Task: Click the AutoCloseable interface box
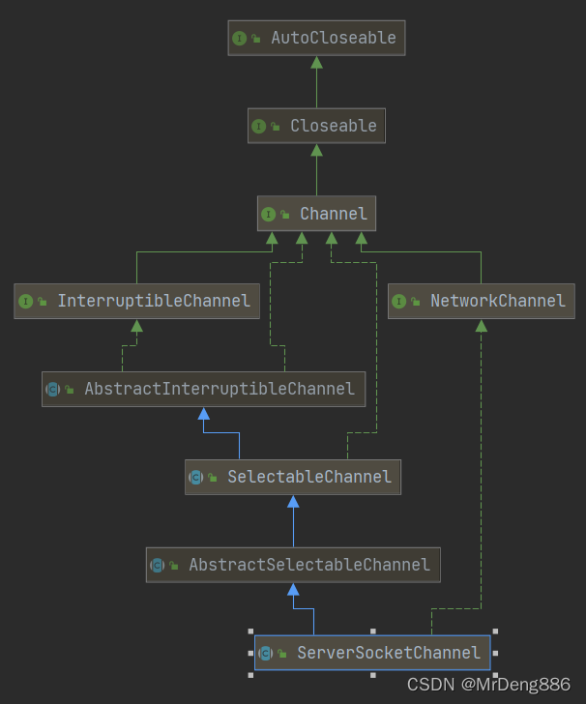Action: pyautogui.click(x=316, y=38)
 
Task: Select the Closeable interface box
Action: pyautogui.click(x=316, y=126)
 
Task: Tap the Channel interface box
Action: pyautogui.click(x=316, y=214)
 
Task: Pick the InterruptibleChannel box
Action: pyautogui.click(x=136, y=301)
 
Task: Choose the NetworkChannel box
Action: pyautogui.click(x=481, y=301)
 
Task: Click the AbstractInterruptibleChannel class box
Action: pyautogui.click(x=203, y=389)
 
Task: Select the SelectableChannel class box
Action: pyautogui.click(x=293, y=477)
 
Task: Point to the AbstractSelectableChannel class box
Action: pyautogui.click(x=293, y=565)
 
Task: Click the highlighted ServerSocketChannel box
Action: pyautogui.click(x=372, y=653)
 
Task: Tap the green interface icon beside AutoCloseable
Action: pyautogui.click(x=239, y=38)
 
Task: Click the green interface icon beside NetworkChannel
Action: pyautogui.click(x=398, y=302)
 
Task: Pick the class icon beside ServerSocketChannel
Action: pyautogui.click(x=265, y=653)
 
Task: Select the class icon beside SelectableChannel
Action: pyautogui.click(x=195, y=477)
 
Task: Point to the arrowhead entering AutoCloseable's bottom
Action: pyautogui.click(x=316, y=62)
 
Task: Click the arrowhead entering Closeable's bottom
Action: pyautogui.click(x=316, y=150)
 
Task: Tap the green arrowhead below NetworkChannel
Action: pyautogui.click(x=481, y=326)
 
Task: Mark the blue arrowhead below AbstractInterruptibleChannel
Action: pyautogui.click(x=203, y=414)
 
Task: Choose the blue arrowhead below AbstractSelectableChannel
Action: pyautogui.click(x=293, y=589)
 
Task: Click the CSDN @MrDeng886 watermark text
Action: pyautogui.click(x=488, y=685)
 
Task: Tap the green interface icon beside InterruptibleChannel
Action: pyautogui.click(x=25, y=302)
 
